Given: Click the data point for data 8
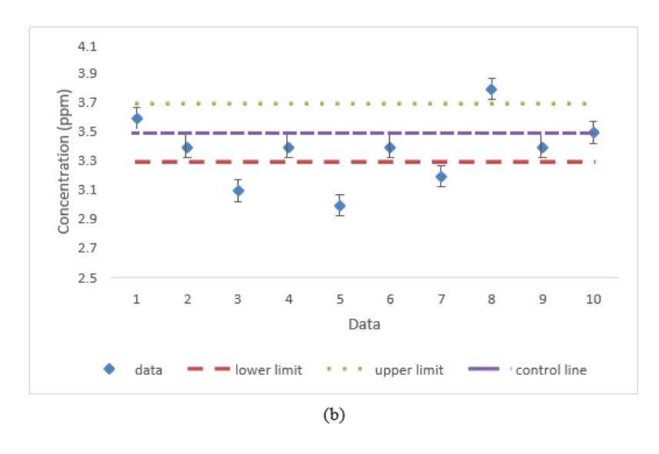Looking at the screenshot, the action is click(491, 89).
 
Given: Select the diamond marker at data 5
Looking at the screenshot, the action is click(340, 206).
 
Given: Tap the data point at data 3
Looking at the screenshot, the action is click(238, 191).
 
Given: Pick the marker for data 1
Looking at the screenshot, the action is click(137, 118).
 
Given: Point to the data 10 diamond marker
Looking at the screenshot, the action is click(594, 133).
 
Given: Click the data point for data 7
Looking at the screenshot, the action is click(441, 177).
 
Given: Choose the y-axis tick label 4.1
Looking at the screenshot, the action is click(87, 46).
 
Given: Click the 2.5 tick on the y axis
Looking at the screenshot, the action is click(87, 278).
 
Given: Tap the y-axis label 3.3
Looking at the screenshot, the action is click(87, 161).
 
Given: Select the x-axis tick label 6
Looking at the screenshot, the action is click(391, 300).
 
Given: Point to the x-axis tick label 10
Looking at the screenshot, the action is click(594, 300).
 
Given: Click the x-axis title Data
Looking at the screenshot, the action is click(364, 324).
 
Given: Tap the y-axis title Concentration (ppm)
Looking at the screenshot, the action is click(64, 161).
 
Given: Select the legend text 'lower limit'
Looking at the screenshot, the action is click(268, 370).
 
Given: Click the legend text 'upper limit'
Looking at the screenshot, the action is click(409, 370).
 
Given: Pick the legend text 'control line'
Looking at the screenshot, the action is click(551, 370).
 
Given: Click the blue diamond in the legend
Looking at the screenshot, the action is click(109, 369).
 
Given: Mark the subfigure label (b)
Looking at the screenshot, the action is click(334, 415).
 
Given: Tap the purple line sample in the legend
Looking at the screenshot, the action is click(484, 369).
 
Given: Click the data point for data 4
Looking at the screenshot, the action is click(288, 147).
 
